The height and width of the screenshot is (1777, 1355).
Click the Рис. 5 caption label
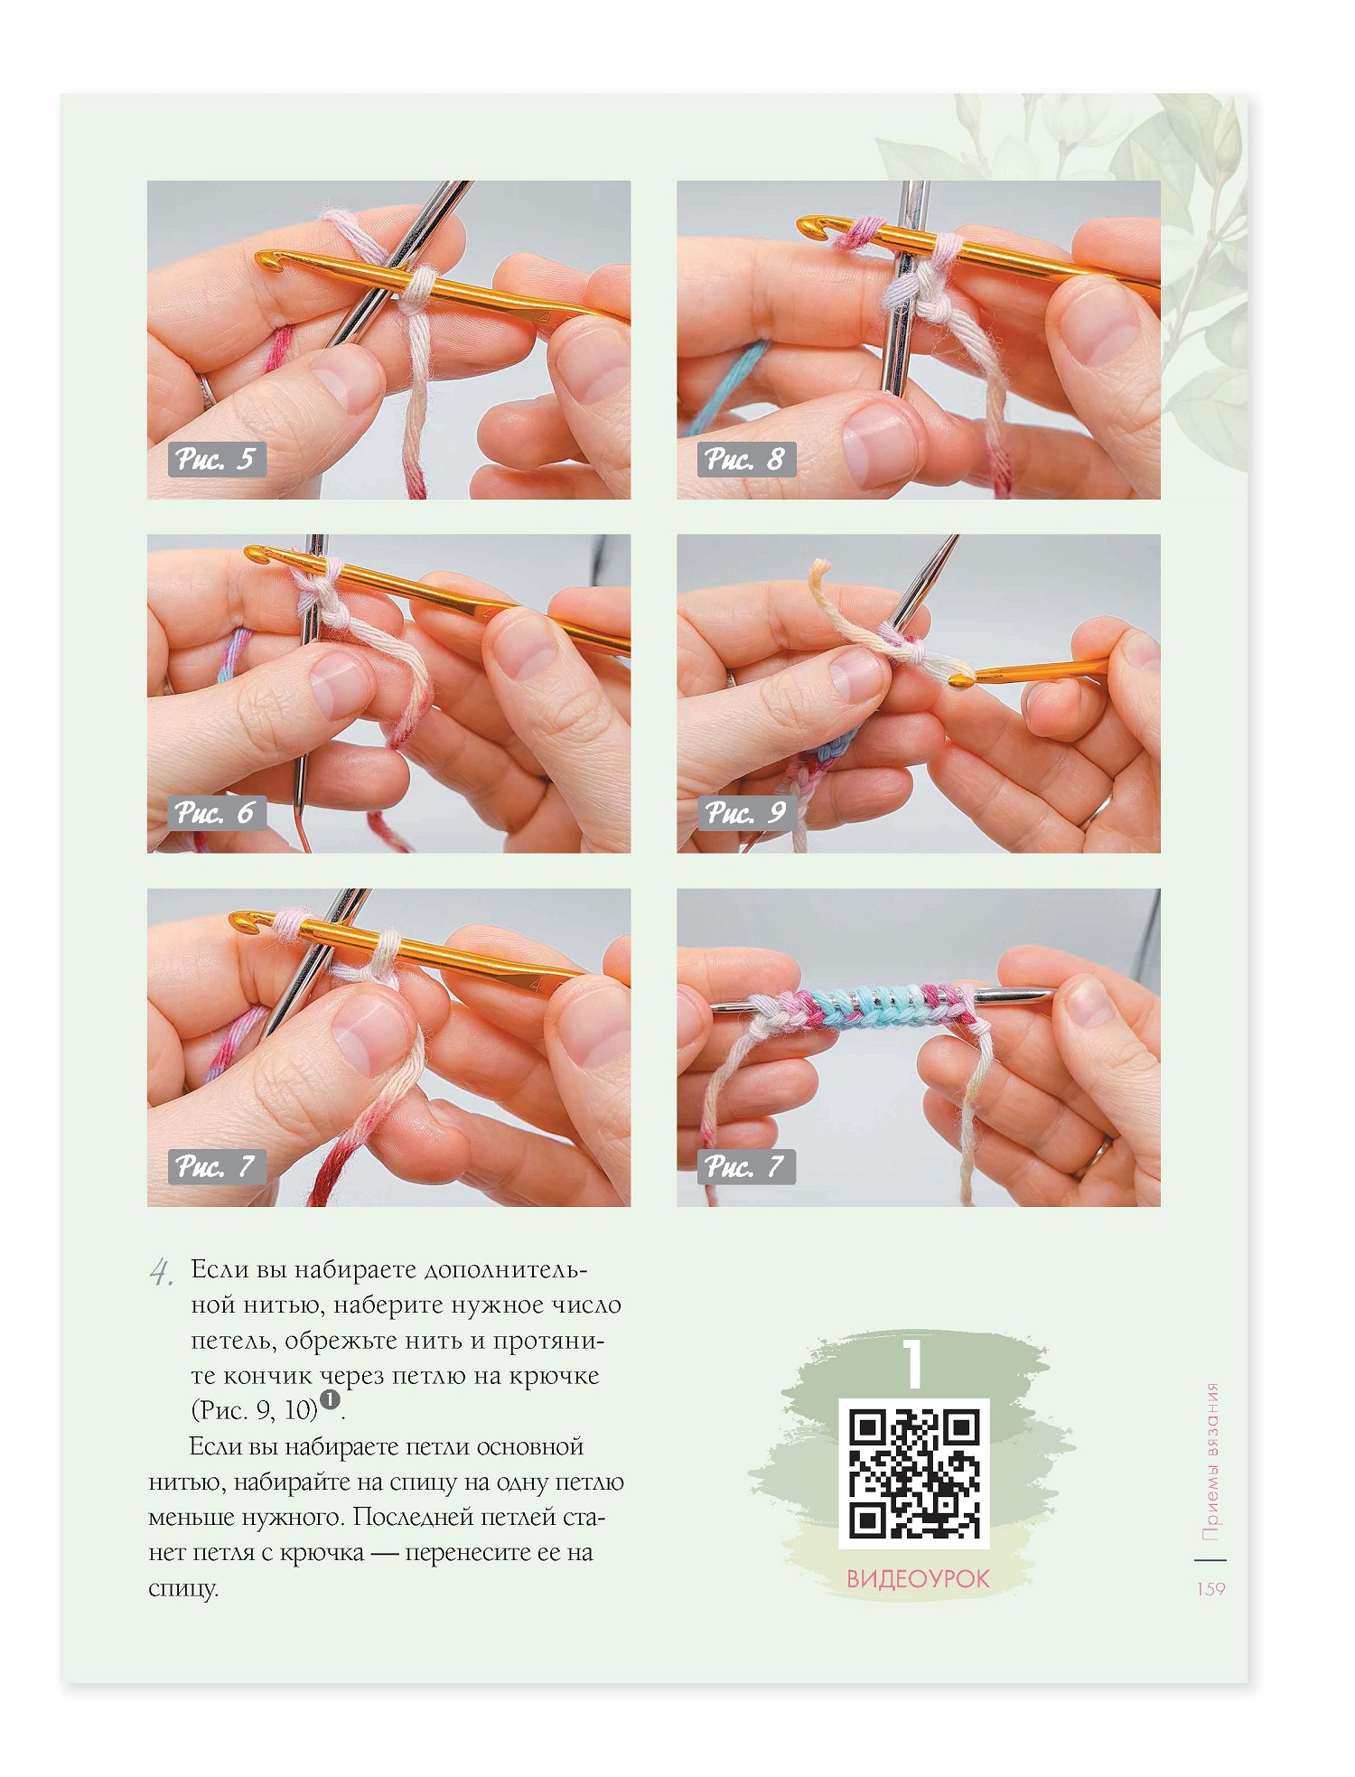coord(217,460)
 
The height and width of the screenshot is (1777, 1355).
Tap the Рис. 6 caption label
coord(217,813)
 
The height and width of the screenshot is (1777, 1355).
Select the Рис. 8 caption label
coord(746,460)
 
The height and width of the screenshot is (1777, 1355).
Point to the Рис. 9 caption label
coord(746,813)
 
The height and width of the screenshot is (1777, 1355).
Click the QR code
coord(915,1474)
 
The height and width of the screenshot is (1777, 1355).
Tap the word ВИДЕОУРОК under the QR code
coord(918,1580)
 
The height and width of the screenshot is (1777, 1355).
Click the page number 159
coord(1210,1589)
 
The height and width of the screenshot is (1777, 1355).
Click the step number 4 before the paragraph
coord(161,1273)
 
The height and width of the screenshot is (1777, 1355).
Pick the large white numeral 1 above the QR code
coord(914,1363)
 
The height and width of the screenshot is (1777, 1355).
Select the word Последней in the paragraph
coord(415,1517)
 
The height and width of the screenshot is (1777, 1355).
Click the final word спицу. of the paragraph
coord(183,1589)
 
